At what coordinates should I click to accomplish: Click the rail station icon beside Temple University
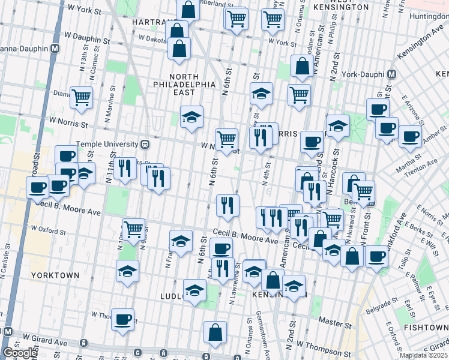pos(145,145)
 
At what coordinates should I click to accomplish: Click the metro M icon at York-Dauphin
pos(391,74)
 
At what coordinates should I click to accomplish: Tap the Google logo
pos(20,353)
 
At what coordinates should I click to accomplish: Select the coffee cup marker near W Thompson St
pos(124,320)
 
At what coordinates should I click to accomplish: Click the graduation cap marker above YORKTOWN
pos(127,272)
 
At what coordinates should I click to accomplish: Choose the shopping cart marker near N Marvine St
pos(81,97)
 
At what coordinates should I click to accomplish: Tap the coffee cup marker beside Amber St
pos(410,136)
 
